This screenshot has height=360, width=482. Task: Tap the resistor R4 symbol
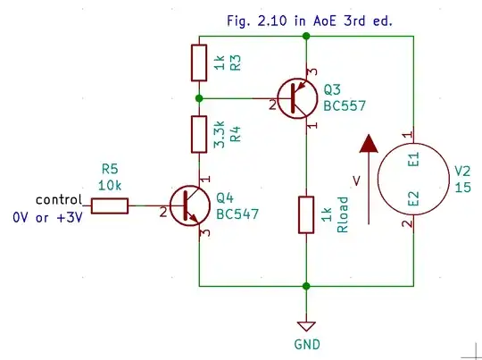(x=199, y=133)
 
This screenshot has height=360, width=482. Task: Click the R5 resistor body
(x=109, y=205)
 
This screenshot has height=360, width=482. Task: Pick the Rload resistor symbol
(x=306, y=214)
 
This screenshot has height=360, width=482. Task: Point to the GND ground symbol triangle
(x=306, y=326)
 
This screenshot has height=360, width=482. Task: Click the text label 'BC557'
(x=345, y=106)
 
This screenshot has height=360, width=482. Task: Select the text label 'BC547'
(x=237, y=213)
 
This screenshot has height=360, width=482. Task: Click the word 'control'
(x=58, y=199)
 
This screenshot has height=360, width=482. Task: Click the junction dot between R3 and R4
(x=199, y=98)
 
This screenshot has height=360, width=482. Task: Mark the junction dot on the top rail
(x=306, y=36)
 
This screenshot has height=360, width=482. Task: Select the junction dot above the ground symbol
(x=306, y=286)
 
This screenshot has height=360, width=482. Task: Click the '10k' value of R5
(x=110, y=185)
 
